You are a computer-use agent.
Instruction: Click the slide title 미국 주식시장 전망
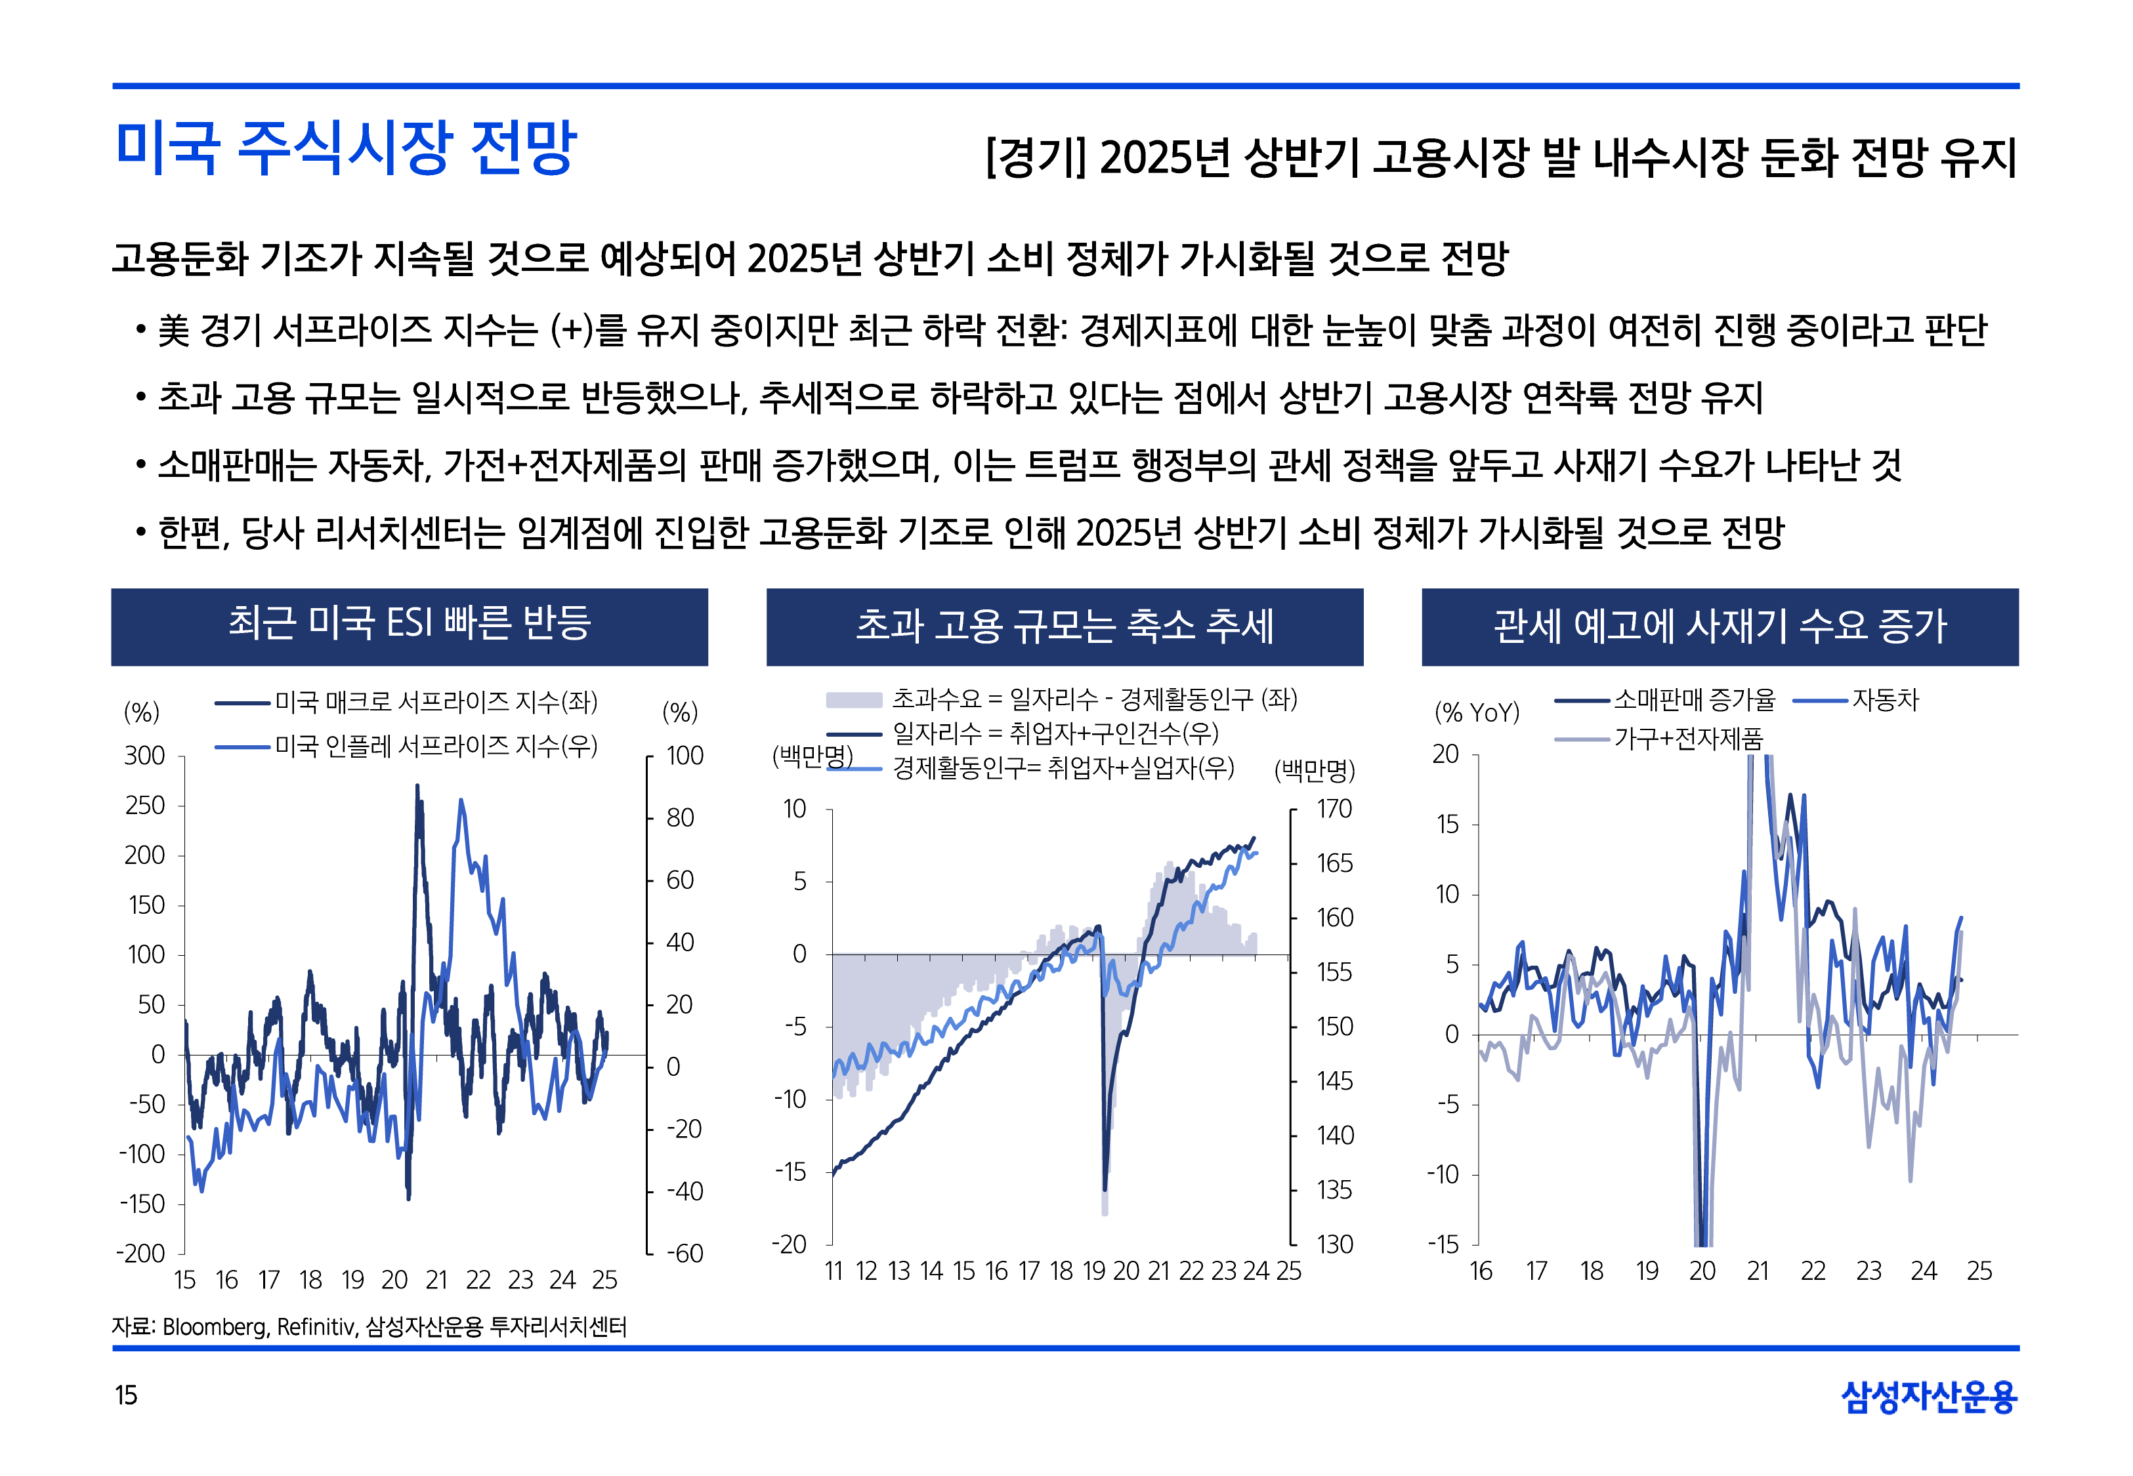coord(346,148)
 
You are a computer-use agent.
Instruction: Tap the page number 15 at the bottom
coord(126,1395)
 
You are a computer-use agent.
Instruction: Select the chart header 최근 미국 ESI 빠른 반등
coord(409,625)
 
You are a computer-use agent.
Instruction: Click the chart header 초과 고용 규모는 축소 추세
coord(1064,626)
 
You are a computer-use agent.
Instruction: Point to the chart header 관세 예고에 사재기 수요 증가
coord(1720,626)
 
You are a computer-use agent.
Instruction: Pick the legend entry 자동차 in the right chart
coord(1884,700)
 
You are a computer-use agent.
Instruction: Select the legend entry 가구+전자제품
coord(1688,738)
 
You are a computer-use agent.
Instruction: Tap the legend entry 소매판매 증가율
coord(1694,700)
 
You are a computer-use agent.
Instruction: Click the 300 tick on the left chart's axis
coord(145,756)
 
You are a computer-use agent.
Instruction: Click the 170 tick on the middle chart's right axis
coord(1334,810)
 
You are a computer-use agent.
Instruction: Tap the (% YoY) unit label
coord(1476,712)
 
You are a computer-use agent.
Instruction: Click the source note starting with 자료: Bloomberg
coord(369,1327)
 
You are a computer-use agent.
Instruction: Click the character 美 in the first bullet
coord(173,330)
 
